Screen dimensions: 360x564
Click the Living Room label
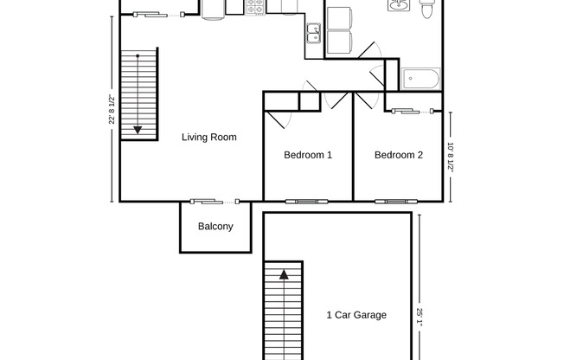coord(208,137)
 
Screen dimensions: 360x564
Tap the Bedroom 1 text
coord(308,156)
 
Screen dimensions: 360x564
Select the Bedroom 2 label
coord(398,156)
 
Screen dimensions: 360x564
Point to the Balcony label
coord(215,227)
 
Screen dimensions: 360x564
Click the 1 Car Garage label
coord(356,315)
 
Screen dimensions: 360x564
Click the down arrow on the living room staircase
coord(137,130)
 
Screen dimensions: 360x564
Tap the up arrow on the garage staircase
coord(283,275)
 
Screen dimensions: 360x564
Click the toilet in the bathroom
coord(426,11)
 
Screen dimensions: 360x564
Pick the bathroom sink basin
coord(399,8)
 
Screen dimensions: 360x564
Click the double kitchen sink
coord(313,35)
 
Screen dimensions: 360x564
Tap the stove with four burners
coord(256,7)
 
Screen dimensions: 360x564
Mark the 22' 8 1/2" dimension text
coord(112,109)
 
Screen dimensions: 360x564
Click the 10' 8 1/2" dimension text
coord(451,157)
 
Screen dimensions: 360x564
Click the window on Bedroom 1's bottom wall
coord(307,202)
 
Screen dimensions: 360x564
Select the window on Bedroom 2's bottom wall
coord(393,202)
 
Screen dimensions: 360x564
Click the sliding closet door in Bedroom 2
coord(411,111)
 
